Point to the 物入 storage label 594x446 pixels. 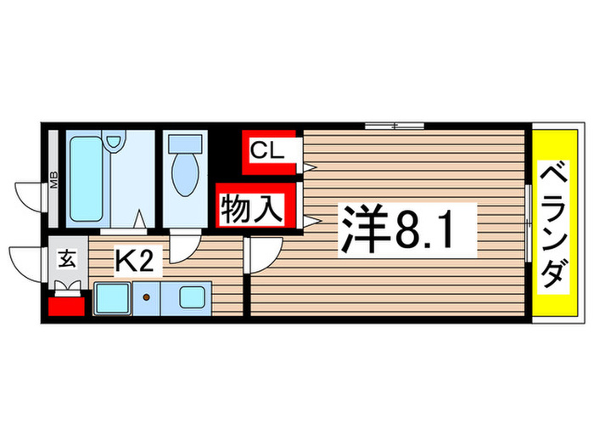pyautogui.click(x=251, y=208)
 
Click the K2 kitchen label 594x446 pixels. pyautogui.click(x=134, y=262)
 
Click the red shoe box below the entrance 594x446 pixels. pyautogui.click(x=67, y=304)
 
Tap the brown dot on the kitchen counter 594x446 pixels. pyautogui.click(x=147, y=298)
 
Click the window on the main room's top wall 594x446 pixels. pyautogui.click(x=395, y=126)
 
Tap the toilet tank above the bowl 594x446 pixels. pyautogui.click(x=184, y=145)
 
